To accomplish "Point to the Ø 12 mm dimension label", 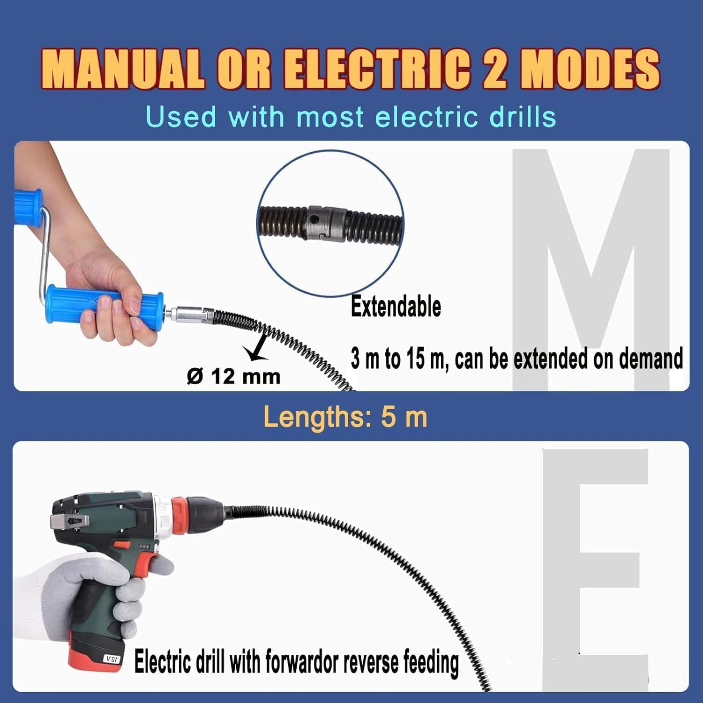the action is tap(233, 376).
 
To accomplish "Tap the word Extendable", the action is tap(396, 307).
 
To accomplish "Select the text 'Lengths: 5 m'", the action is tap(345, 417).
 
